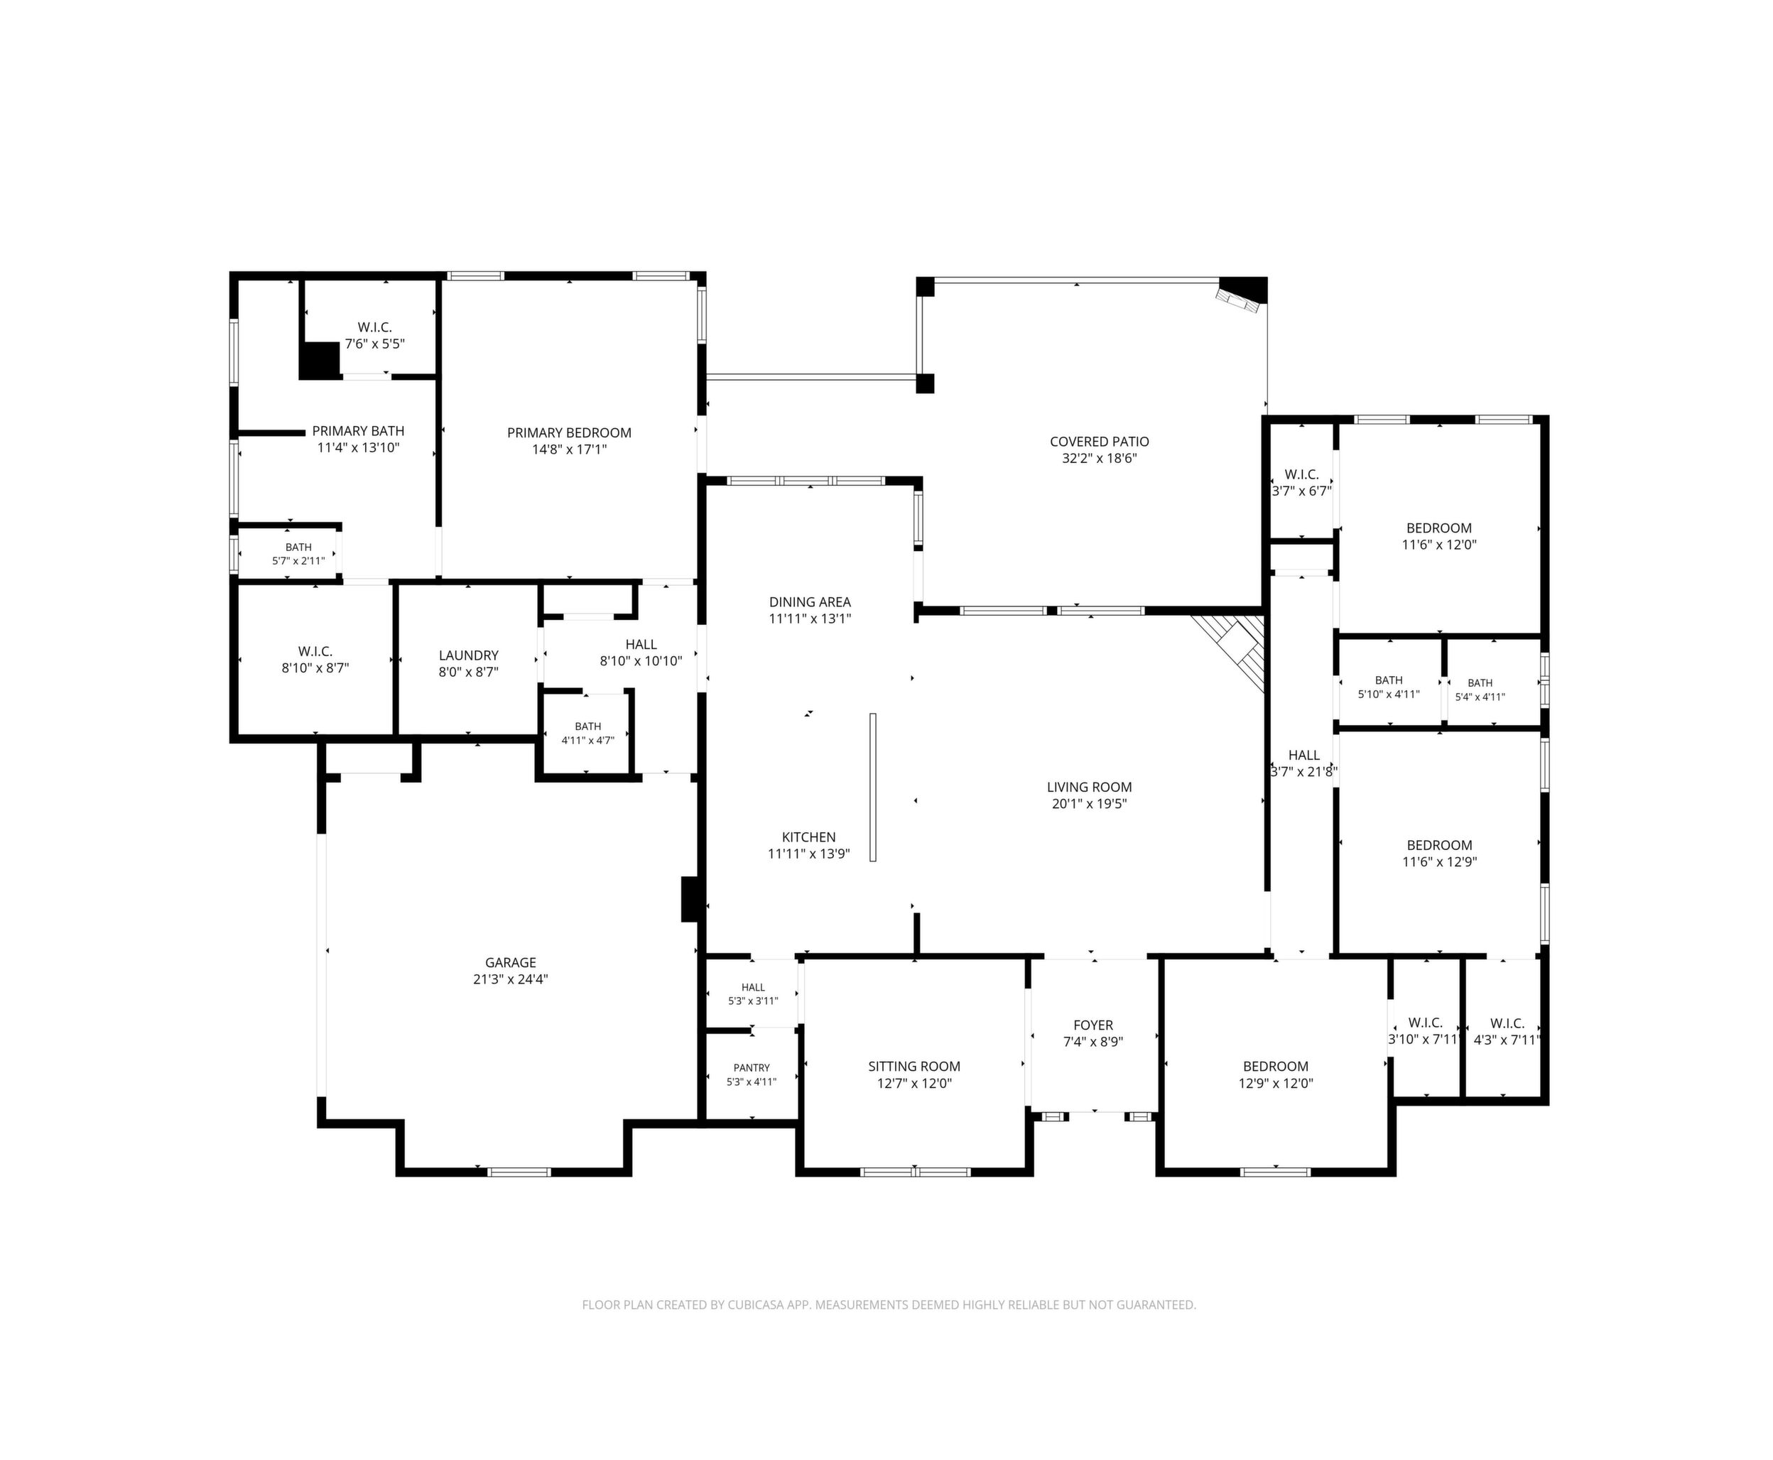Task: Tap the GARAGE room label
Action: [x=511, y=963]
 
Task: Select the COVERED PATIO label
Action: [x=1100, y=442]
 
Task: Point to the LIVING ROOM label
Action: [x=1089, y=788]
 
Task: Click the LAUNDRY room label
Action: [x=469, y=655]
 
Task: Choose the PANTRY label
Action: [x=751, y=1068]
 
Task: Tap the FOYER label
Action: [x=1093, y=1025]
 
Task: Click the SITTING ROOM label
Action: [x=914, y=1067]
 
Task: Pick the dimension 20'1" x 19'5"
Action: [x=1089, y=804]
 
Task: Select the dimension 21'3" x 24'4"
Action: [x=511, y=980]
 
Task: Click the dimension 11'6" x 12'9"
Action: [x=1439, y=862]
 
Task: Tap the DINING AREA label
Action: [x=810, y=602]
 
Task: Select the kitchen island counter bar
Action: [x=873, y=788]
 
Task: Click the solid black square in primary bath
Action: [x=320, y=360]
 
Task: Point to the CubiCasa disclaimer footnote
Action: [x=889, y=1305]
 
